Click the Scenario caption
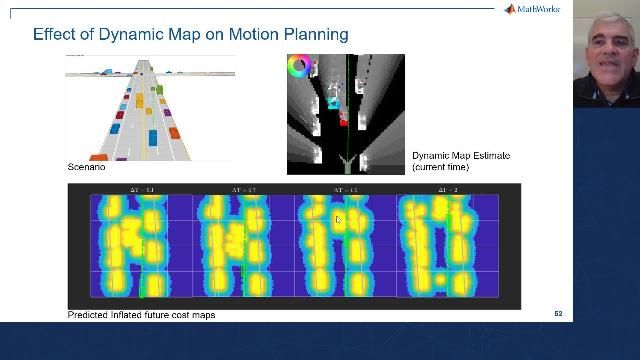pos(86,166)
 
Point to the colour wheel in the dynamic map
pos(298,67)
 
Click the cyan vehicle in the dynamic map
pos(334,101)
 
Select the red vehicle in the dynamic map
pos(343,119)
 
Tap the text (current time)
pos(440,166)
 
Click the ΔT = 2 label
pos(448,189)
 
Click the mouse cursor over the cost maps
pos(339,220)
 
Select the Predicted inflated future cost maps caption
pos(141,314)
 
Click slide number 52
pos(558,314)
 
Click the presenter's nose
pos(607,51)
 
